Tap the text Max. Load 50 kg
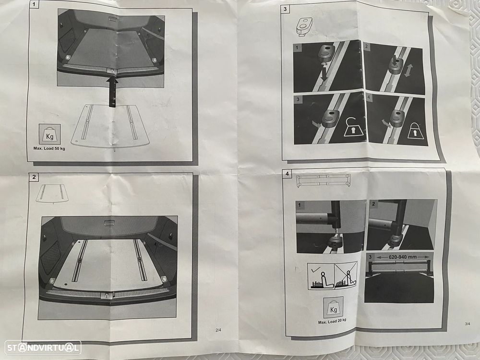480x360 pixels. tap(49, 148)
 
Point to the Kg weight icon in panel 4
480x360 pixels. tap(334, 307)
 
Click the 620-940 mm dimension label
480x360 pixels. tap(403, 257)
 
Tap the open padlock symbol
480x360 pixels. tap(354, 127)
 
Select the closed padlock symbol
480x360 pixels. tap(415, 131)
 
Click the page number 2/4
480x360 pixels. tap(218, 330)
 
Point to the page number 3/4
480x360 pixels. tap(468, 324)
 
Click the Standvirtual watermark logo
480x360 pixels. tap(43, 348)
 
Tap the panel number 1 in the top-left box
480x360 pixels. tap(34, 5)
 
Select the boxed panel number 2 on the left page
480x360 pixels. tap(34, 177)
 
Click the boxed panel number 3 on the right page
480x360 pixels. tap(285, 9)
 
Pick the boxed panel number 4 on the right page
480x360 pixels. tap(287, 174)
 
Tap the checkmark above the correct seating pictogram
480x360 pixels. tap(315, 270)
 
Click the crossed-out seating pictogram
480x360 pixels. tap(346, 275)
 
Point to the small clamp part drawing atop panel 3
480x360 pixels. tap(304, 26)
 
